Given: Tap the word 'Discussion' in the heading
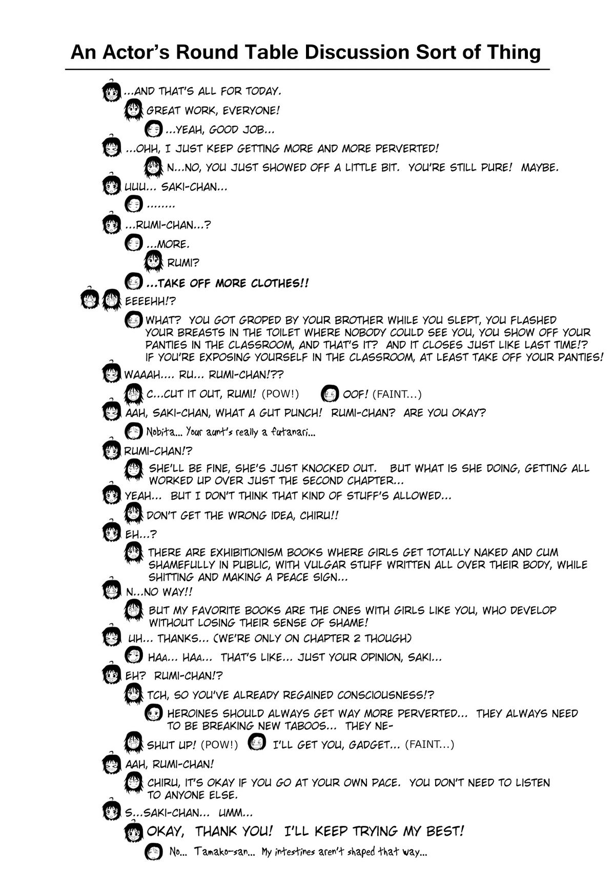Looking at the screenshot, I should pyautogui.click(x=355, y=52).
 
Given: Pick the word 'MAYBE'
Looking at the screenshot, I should pyautogui.click(x=539, y=168).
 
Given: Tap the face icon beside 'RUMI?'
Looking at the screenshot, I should pyautogui.click(x=154, y=262).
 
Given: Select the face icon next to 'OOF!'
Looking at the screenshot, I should pyautogui.click(x=331, y=394).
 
